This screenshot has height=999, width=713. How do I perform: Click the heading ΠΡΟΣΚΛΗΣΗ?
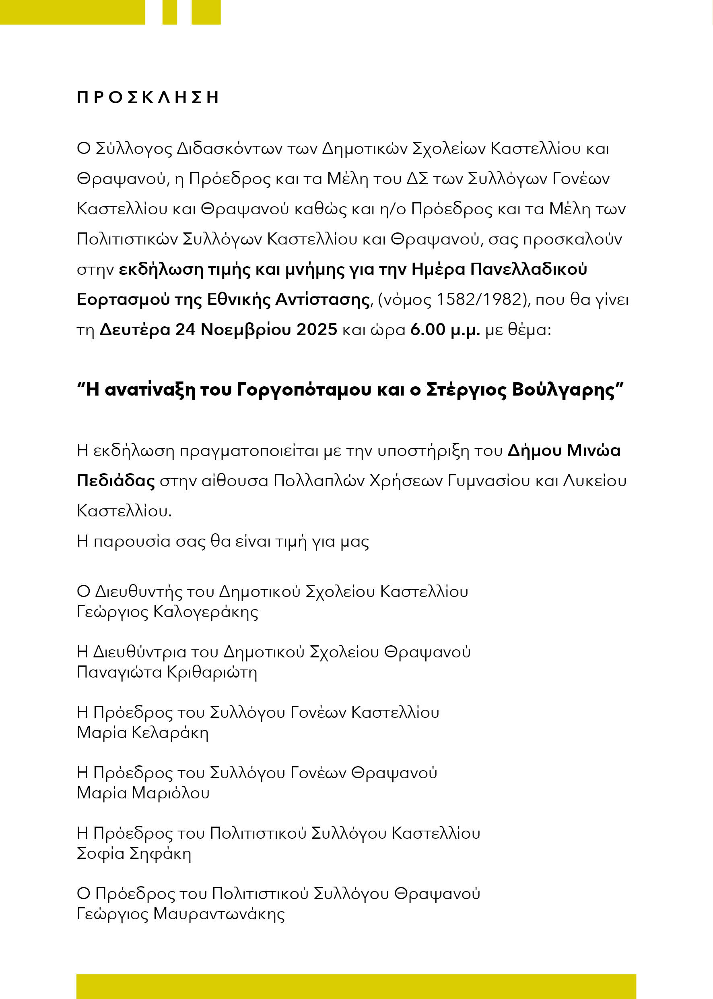pos(148,97)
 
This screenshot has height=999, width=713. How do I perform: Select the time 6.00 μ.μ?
pos(445,330)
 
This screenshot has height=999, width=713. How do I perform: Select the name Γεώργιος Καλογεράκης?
pos(167,612)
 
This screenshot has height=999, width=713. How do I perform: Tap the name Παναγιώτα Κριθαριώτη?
pos(167,672)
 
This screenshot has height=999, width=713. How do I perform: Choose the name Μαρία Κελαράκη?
pos(142,732)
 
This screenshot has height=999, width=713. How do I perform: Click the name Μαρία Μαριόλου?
pos(143,792)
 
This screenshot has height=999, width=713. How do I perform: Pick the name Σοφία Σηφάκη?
pos(134,853)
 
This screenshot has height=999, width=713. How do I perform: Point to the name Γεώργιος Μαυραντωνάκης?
pos(180,913)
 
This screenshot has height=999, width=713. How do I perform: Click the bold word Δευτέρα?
pos(135,330)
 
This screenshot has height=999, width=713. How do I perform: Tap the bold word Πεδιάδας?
pos(115,481)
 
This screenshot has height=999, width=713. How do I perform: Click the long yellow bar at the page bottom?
pos(356,986)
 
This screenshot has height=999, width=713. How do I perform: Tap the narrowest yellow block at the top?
pos(169,12)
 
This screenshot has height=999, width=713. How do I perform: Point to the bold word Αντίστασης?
pos(322,299)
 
